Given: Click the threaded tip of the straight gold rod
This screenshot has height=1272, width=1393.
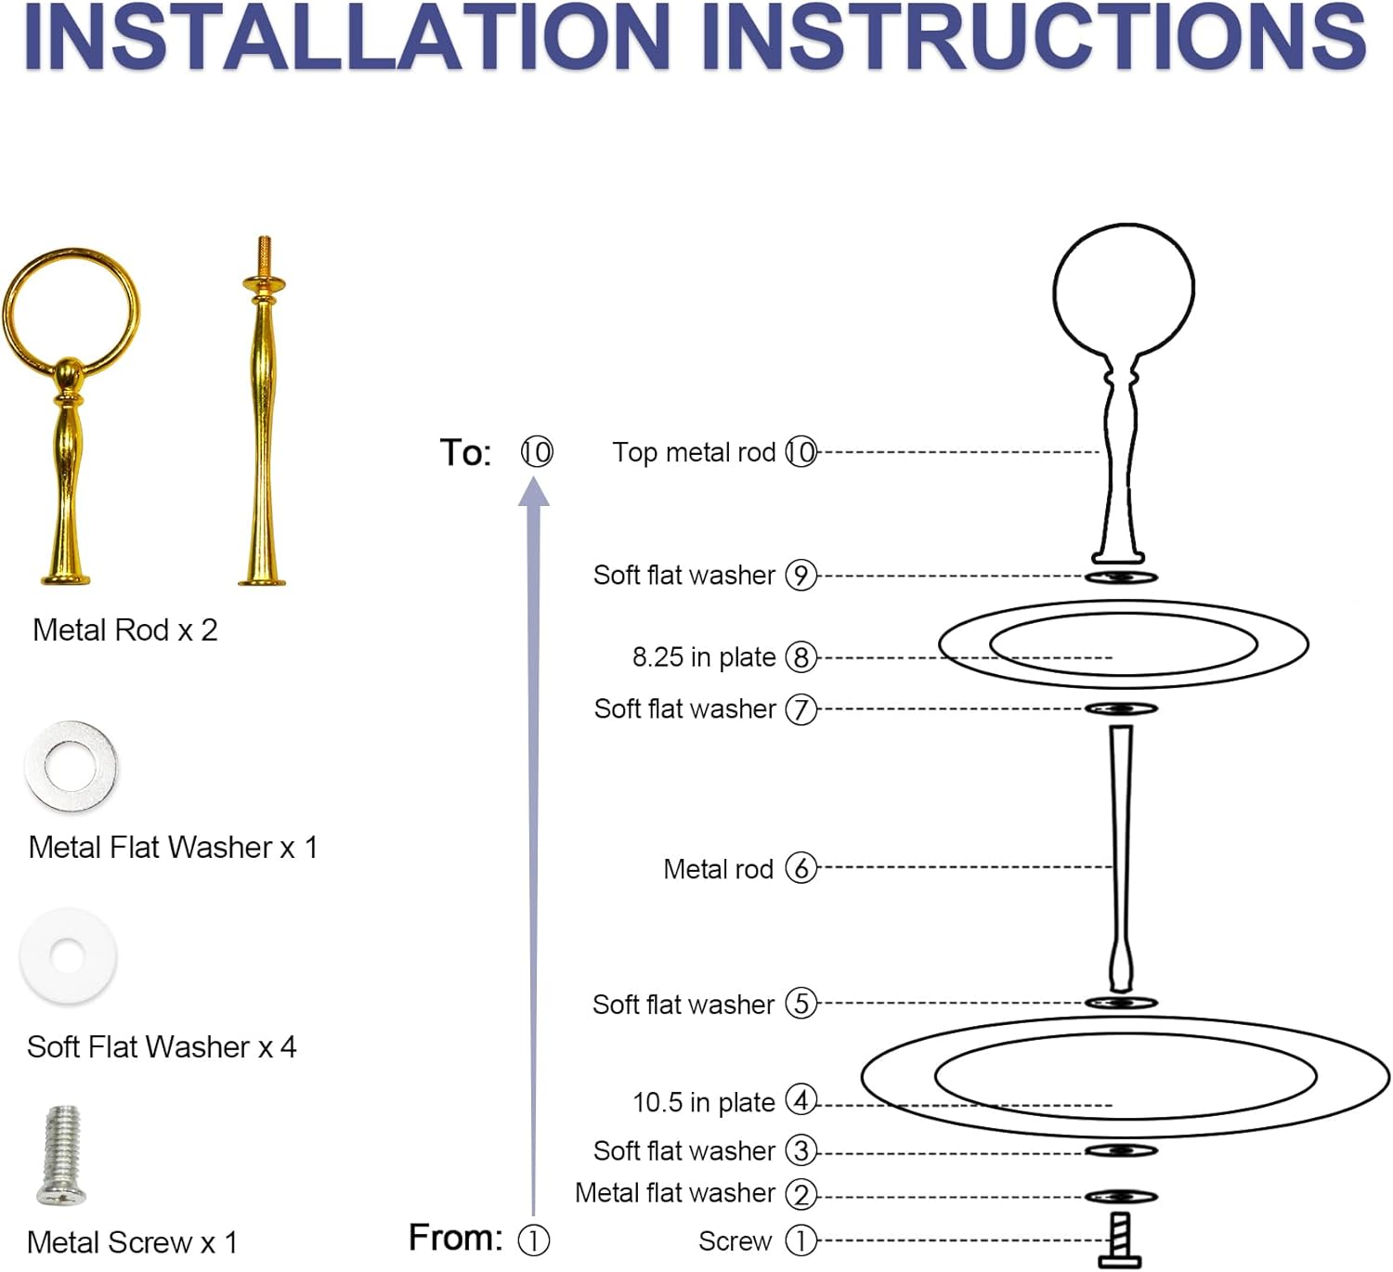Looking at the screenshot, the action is point(265,251).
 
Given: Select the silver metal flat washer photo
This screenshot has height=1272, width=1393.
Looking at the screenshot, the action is point(72,766).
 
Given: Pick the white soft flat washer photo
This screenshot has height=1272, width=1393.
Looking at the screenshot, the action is point(68,956).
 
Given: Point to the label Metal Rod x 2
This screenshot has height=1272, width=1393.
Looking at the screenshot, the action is point(125,630).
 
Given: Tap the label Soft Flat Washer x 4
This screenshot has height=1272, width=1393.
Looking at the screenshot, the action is point(162,1047).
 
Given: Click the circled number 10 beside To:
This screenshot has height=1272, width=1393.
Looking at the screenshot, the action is point(536,452).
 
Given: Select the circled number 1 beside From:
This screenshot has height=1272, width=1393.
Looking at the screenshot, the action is point(533,1240).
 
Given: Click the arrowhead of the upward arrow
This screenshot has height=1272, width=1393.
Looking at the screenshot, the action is point(534,492).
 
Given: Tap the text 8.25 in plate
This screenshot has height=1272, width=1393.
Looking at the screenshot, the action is point(703,657).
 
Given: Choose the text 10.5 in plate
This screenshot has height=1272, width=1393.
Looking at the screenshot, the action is point(703,1102).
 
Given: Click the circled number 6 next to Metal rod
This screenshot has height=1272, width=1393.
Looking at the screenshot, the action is point(801,868).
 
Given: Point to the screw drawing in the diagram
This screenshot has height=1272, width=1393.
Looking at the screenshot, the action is point(1121,1240).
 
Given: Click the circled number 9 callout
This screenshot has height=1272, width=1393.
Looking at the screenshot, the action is point(801,576).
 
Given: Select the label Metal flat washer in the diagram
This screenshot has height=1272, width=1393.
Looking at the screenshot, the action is point(674,1193).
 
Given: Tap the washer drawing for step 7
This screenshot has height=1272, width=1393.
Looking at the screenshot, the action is point(1121,709).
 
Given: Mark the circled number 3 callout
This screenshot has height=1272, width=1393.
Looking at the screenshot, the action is point(801,1151).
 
